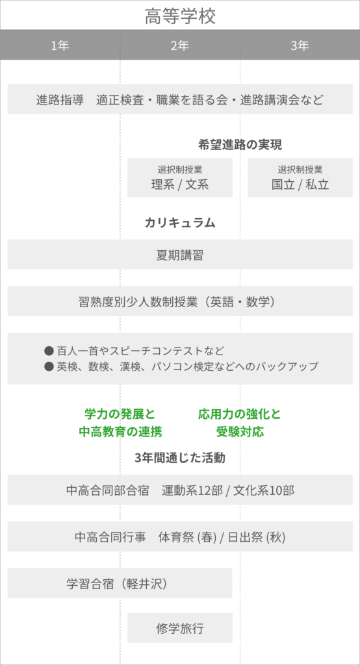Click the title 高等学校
(180, 16)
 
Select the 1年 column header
(60, 45)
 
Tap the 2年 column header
(180, 45)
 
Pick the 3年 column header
(300, 45)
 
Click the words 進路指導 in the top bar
(60, 100)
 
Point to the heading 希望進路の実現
(240, 145)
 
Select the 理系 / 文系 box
(180, 177)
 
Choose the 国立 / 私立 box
(300, 177)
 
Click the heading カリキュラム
(180, 223)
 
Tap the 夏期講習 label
(180, 255)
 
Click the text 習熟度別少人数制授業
(138, 301)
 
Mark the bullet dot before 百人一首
(49, 351)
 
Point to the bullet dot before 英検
(49, 366)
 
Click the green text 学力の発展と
(120, 414)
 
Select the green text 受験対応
(240, 432)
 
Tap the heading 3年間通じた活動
(180, 458)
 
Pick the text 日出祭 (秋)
(257, 537)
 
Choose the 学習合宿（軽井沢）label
(117, 584)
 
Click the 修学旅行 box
(180, 628)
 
